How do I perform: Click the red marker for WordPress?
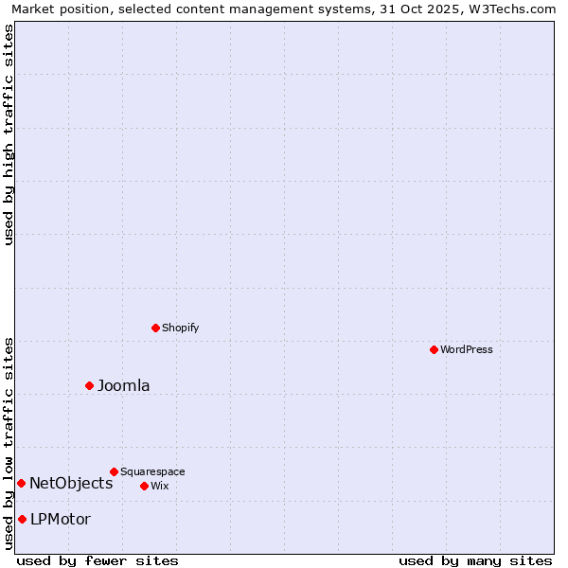pos(434,349)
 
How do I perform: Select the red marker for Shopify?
pos(155,328)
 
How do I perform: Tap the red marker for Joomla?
pos(90,385)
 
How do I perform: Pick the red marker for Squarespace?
pos(114,471)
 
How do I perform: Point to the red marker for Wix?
pos(144,486)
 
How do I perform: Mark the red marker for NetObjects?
pos(21,483)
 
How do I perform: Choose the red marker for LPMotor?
pos(22,519)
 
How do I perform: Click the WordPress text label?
pos(467,349)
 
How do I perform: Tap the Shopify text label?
pos(181,328)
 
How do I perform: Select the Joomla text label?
pos(124,385)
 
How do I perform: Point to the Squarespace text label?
pos(152,471)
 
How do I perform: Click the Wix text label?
pos(160,486)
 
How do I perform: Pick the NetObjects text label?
pos(71,483)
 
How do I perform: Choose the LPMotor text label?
pos(61,519)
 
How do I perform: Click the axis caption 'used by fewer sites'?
pos(98,560)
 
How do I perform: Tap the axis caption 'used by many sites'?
pos(475,560)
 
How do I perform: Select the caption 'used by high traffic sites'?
pos(9,134)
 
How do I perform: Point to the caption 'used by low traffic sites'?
pos(9,442)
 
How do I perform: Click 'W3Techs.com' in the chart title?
pos(512,9)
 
